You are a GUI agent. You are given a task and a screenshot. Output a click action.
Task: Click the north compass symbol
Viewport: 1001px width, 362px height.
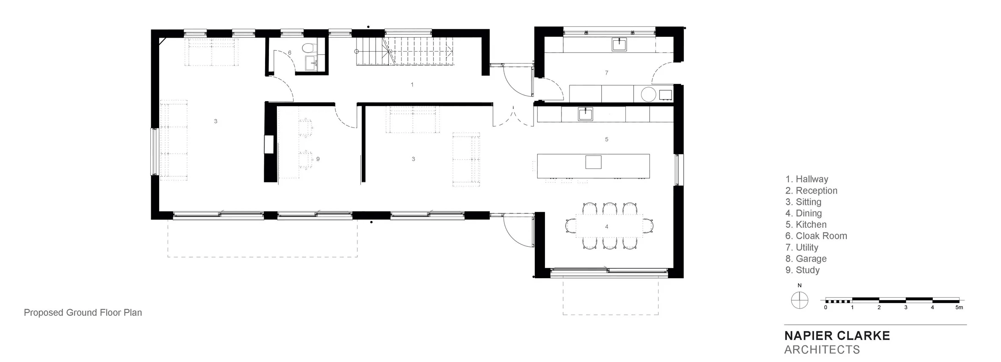[799, 300]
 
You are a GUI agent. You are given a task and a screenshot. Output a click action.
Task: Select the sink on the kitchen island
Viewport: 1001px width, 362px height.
[593, 162]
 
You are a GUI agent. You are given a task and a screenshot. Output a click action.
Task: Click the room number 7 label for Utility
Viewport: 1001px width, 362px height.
[606, 73]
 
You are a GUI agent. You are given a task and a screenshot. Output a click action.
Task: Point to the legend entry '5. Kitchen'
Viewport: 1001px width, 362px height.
[806, 224]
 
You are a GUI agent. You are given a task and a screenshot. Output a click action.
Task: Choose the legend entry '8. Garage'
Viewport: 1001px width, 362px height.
[806, 259]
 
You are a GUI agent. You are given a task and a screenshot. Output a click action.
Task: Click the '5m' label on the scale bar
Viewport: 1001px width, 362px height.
[959, 307]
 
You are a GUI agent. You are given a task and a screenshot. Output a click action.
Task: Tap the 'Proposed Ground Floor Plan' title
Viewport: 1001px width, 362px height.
[83, 312]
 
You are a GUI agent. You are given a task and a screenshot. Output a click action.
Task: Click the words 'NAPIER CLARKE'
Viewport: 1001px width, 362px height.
[837, 336]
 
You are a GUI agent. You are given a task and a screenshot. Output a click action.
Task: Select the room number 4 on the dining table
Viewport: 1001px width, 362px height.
[606, 227]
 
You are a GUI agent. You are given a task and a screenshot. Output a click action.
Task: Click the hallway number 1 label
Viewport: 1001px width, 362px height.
[412, 85]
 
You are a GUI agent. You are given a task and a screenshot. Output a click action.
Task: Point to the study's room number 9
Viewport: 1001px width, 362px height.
[318, 159]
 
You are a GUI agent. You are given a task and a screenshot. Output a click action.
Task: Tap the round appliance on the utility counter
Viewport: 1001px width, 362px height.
[648, 94]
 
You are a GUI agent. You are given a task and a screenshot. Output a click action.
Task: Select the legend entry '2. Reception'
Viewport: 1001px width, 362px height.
[811, 191]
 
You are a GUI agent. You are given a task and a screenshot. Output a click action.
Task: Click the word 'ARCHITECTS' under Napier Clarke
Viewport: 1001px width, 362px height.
[822, 350]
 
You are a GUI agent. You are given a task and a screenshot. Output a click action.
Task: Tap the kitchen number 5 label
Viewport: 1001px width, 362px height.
[606, 139]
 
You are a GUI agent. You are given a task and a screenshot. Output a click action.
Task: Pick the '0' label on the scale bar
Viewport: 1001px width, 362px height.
[825, 307]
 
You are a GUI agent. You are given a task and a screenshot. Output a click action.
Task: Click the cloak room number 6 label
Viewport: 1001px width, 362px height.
[290, 53]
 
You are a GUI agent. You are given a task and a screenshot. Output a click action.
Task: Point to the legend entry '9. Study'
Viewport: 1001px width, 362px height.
[802, 270]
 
